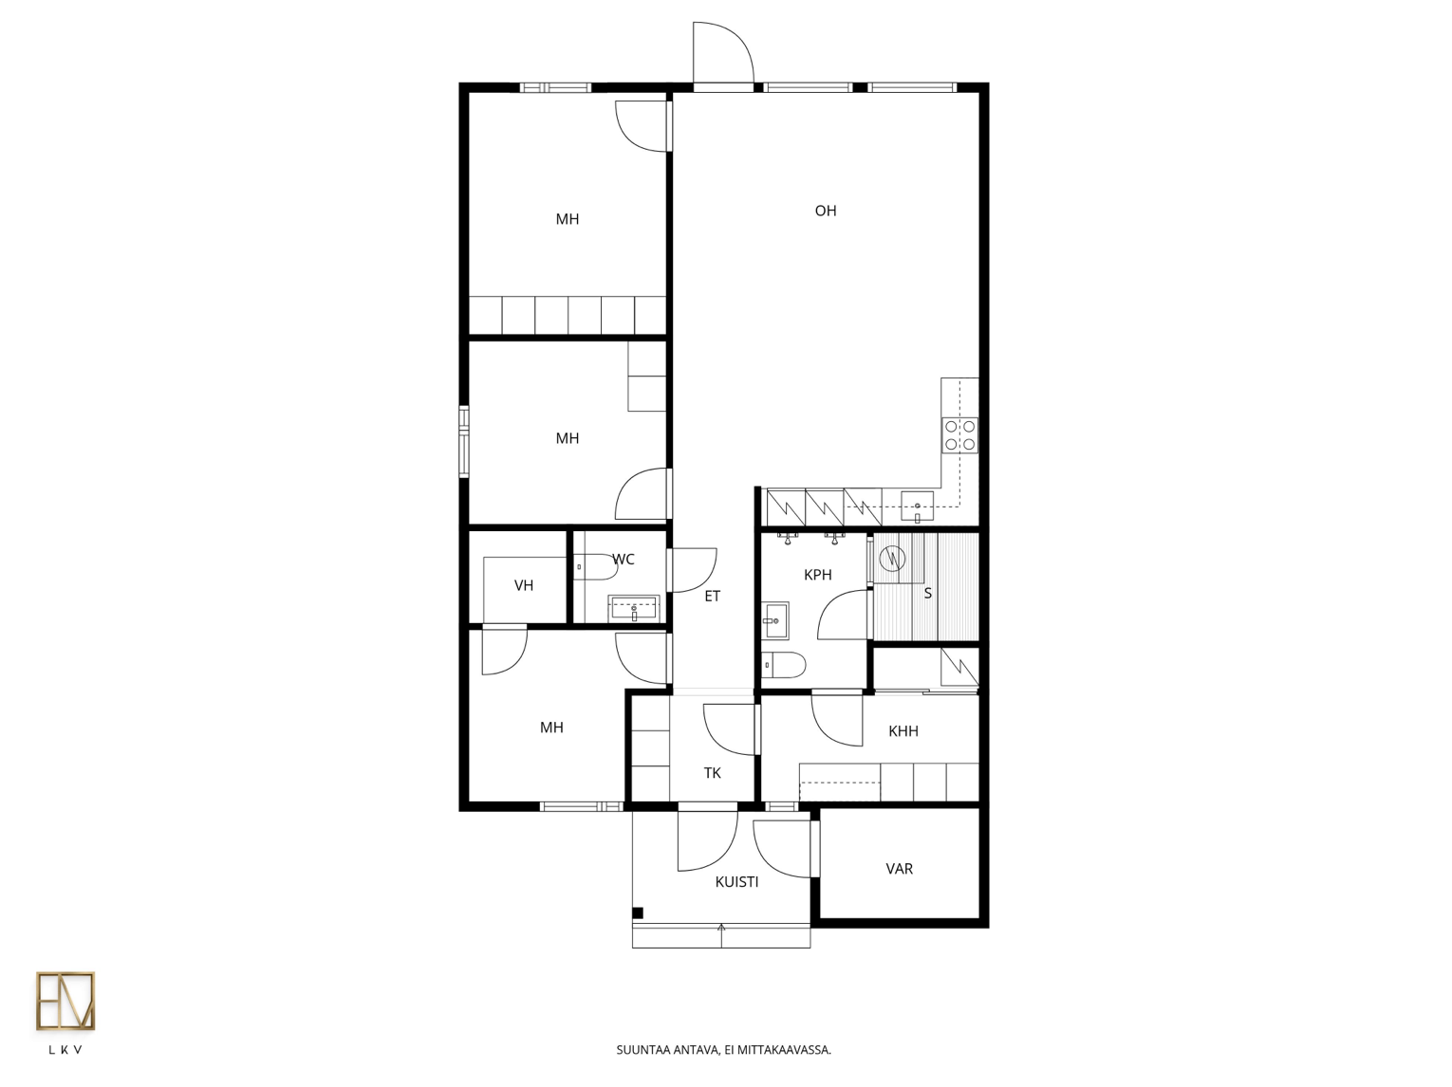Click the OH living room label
[826, 211]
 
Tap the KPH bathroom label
[818, 575]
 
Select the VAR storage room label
[899, 869]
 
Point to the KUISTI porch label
[737, 882]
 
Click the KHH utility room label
[903, 731]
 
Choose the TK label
[713, 773]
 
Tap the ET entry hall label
[712, 597]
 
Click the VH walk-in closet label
[524, 585]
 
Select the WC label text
[624, 560]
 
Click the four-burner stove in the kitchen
[959, 435]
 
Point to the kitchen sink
[917, 507]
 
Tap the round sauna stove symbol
[892, 559]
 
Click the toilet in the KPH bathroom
[783, 665]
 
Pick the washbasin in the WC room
[634, 608]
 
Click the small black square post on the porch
[638, 913]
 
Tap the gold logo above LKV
[65, 1001]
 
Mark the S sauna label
[927, 594]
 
